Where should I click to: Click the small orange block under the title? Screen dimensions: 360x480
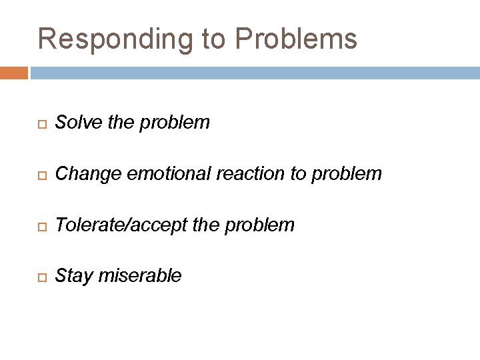tap(14, 72)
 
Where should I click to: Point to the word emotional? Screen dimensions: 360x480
tap(167, 174)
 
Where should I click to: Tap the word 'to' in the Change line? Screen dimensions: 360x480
tap(297, 174)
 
